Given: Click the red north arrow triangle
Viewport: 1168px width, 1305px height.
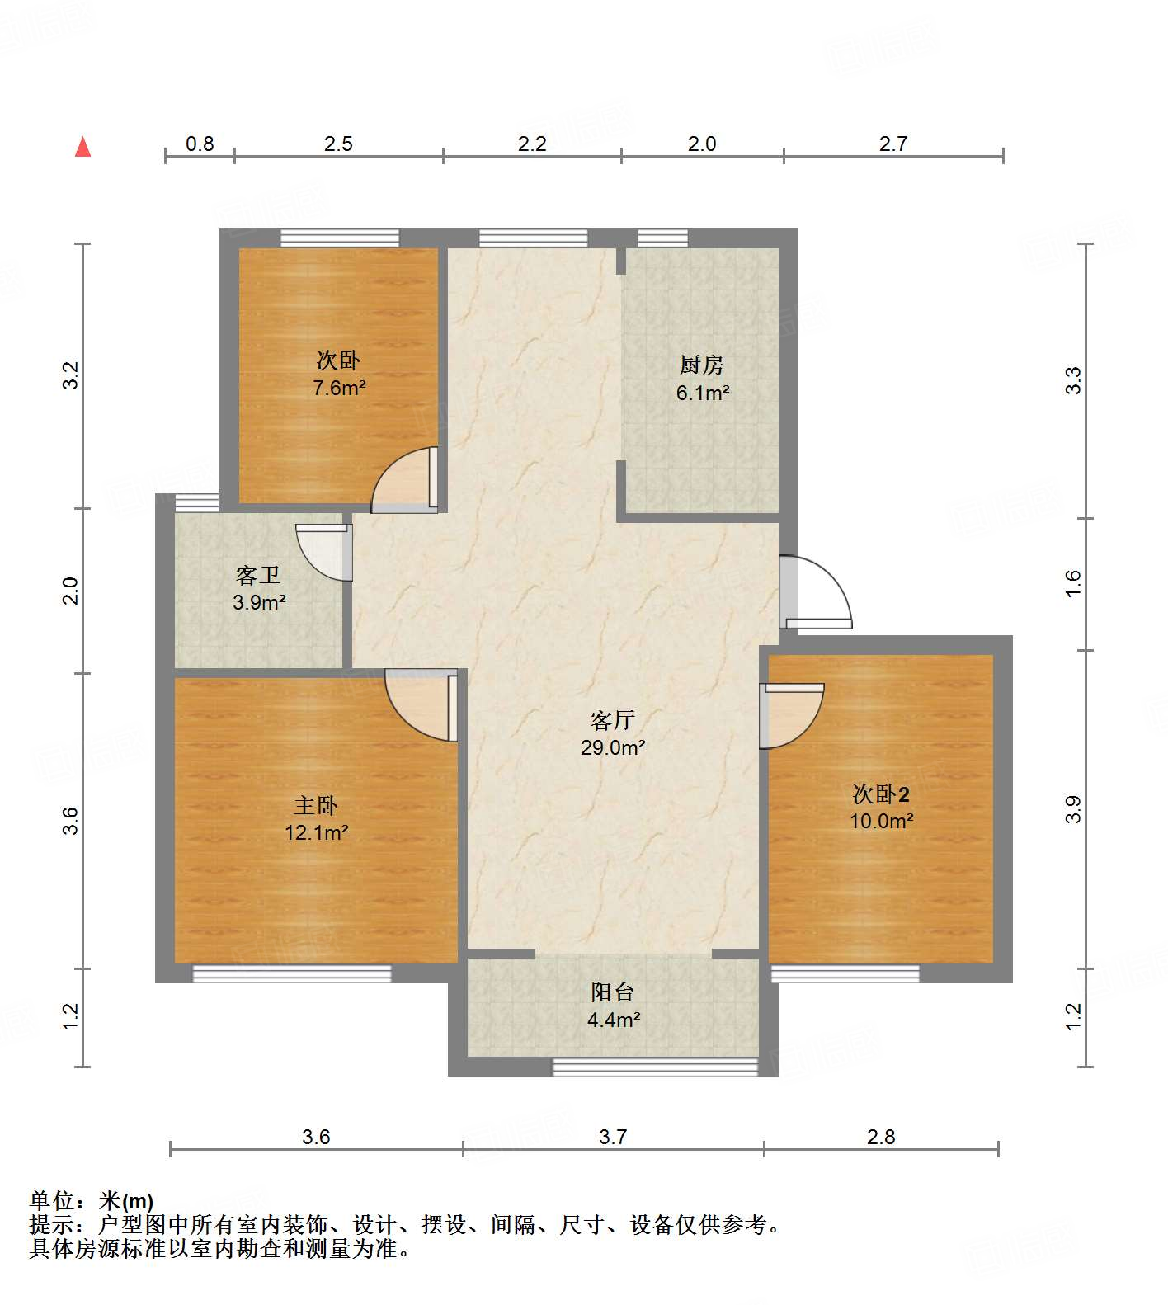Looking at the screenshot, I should tap(82, 147).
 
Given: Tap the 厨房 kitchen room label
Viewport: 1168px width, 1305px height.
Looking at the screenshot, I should tap(702, 364).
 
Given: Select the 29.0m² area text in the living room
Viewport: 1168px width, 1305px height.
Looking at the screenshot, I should tap(612, 748).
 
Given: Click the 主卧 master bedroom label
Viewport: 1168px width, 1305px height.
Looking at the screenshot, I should tap(316, 805).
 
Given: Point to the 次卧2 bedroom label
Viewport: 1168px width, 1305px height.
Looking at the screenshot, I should tap(881, 794).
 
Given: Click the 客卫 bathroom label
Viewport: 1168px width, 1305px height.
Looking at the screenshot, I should tap(258, 575).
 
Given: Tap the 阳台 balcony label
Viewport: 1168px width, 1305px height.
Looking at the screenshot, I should tap(613, 992).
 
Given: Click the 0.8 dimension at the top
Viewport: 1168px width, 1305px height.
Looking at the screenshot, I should tap(200, 144).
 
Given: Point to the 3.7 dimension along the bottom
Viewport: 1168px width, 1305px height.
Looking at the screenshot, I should tap(613, 1137).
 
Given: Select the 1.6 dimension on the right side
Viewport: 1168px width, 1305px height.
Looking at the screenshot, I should tap(1072, 583).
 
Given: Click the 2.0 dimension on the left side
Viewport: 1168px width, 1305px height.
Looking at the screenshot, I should tap(71, 591).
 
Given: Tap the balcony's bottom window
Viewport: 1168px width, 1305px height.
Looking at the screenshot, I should tap(654, 1067).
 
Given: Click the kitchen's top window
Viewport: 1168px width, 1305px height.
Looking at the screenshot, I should tap(662, 238).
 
